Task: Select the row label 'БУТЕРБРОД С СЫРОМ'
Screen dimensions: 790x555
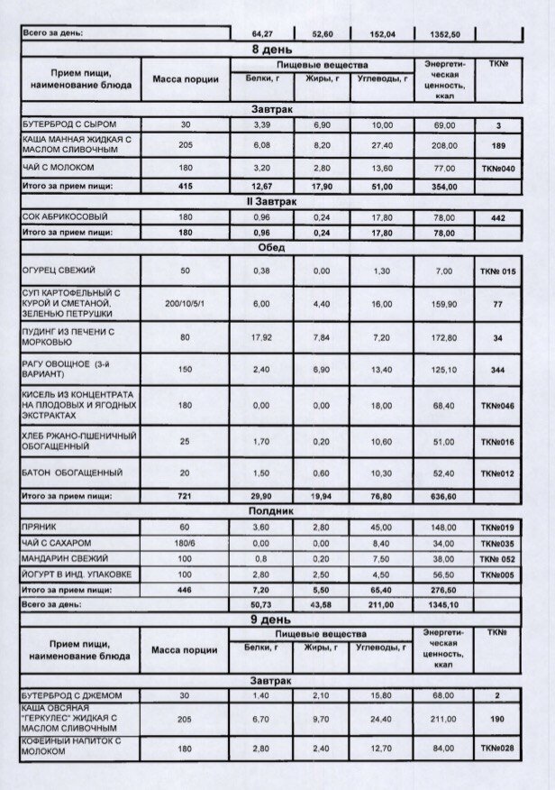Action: tap(69, 123)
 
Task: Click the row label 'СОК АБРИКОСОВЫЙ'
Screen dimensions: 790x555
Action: tap(63, 217)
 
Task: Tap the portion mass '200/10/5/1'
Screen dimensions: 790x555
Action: tap(185, 305)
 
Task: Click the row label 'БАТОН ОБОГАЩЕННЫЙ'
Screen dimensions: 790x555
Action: tap(71, 473)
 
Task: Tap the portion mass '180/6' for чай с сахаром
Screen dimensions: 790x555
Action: tap(185, 542)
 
